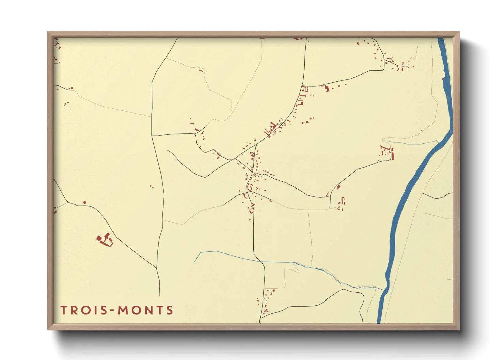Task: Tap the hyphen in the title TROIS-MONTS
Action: pyautogui.click(x=111, y=310)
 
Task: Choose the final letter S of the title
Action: pyautogui.click(x=170, y=310)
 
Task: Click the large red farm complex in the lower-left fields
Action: pyautogui.click(x=105, y=239)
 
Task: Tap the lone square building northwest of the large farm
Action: pyautogui.click(x=85, y=203)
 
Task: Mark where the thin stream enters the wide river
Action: pyautogui.click(x=384, y=290)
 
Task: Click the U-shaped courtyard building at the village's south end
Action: pyautogui.click(x=252, y=210)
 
